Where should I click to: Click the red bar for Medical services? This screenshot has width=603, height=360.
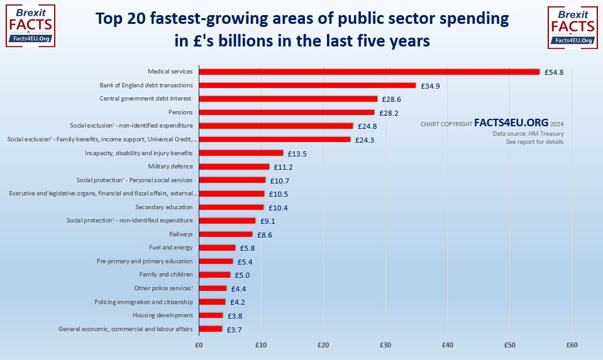click(369, 72)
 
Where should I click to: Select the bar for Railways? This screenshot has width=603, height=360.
click(225, 234)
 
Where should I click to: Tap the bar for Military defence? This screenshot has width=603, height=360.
click(233, 166)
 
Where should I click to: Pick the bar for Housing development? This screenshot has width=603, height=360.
click(211, 315)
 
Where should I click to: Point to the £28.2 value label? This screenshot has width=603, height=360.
click(390, 113)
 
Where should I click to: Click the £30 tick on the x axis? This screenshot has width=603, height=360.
click(385, 345)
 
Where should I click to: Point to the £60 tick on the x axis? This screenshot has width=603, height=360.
click(572, 345)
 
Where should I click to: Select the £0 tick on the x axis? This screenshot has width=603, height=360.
click(199, 345)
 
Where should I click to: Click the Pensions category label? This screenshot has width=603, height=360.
click(180, 112)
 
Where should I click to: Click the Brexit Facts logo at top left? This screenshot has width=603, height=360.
click(30, 26)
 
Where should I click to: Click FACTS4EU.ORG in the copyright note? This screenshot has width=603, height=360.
click(511, 123)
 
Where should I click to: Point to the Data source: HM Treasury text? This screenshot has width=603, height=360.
click(528, 134)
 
